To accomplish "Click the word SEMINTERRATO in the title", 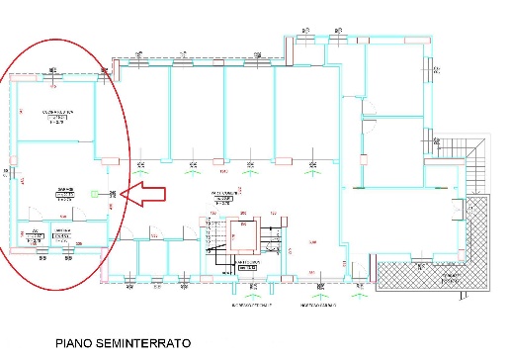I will (x=148, y=345).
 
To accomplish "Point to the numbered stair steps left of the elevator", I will (x=212, y=238).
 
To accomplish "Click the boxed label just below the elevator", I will (x=249, y=267).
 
